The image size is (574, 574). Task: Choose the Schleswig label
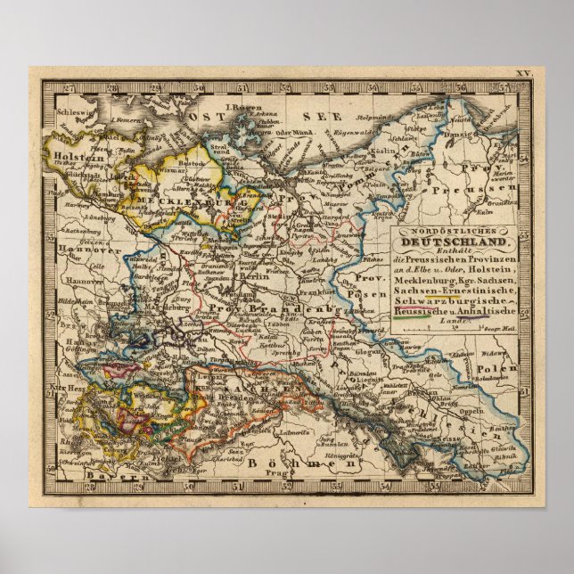(x=65, y=115)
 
